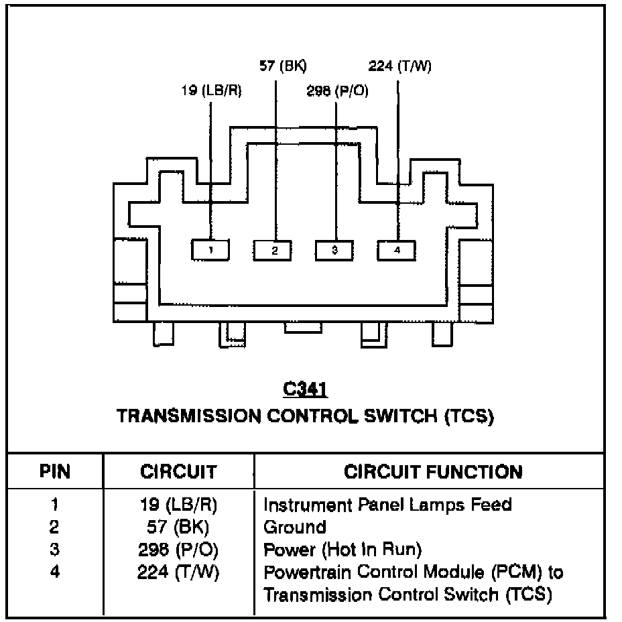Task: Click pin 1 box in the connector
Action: coord(210,251)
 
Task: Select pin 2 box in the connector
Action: coord(273,251)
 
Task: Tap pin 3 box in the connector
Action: coord(334,251)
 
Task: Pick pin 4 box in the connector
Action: coord(396,251)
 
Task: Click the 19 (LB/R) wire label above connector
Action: coord(211,91)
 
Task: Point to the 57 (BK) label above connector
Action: coord(283,66)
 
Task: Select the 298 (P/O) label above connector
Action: coord(337,91)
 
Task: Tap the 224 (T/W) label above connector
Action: coord(400,66)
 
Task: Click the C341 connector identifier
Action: coord(305,389)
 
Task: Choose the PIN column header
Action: coord(54,472)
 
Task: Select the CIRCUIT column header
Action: coord(178,472)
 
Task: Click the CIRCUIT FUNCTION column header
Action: coord(432,472)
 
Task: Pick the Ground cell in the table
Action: coord(295,527)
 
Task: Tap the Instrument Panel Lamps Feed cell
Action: coord(388,504)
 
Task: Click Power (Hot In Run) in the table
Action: coord(343,550)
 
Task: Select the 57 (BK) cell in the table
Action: coord(178,527)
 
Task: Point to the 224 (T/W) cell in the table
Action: coord(178,573)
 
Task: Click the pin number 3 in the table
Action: coord(54,550)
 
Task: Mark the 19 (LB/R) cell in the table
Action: coord(178,504)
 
